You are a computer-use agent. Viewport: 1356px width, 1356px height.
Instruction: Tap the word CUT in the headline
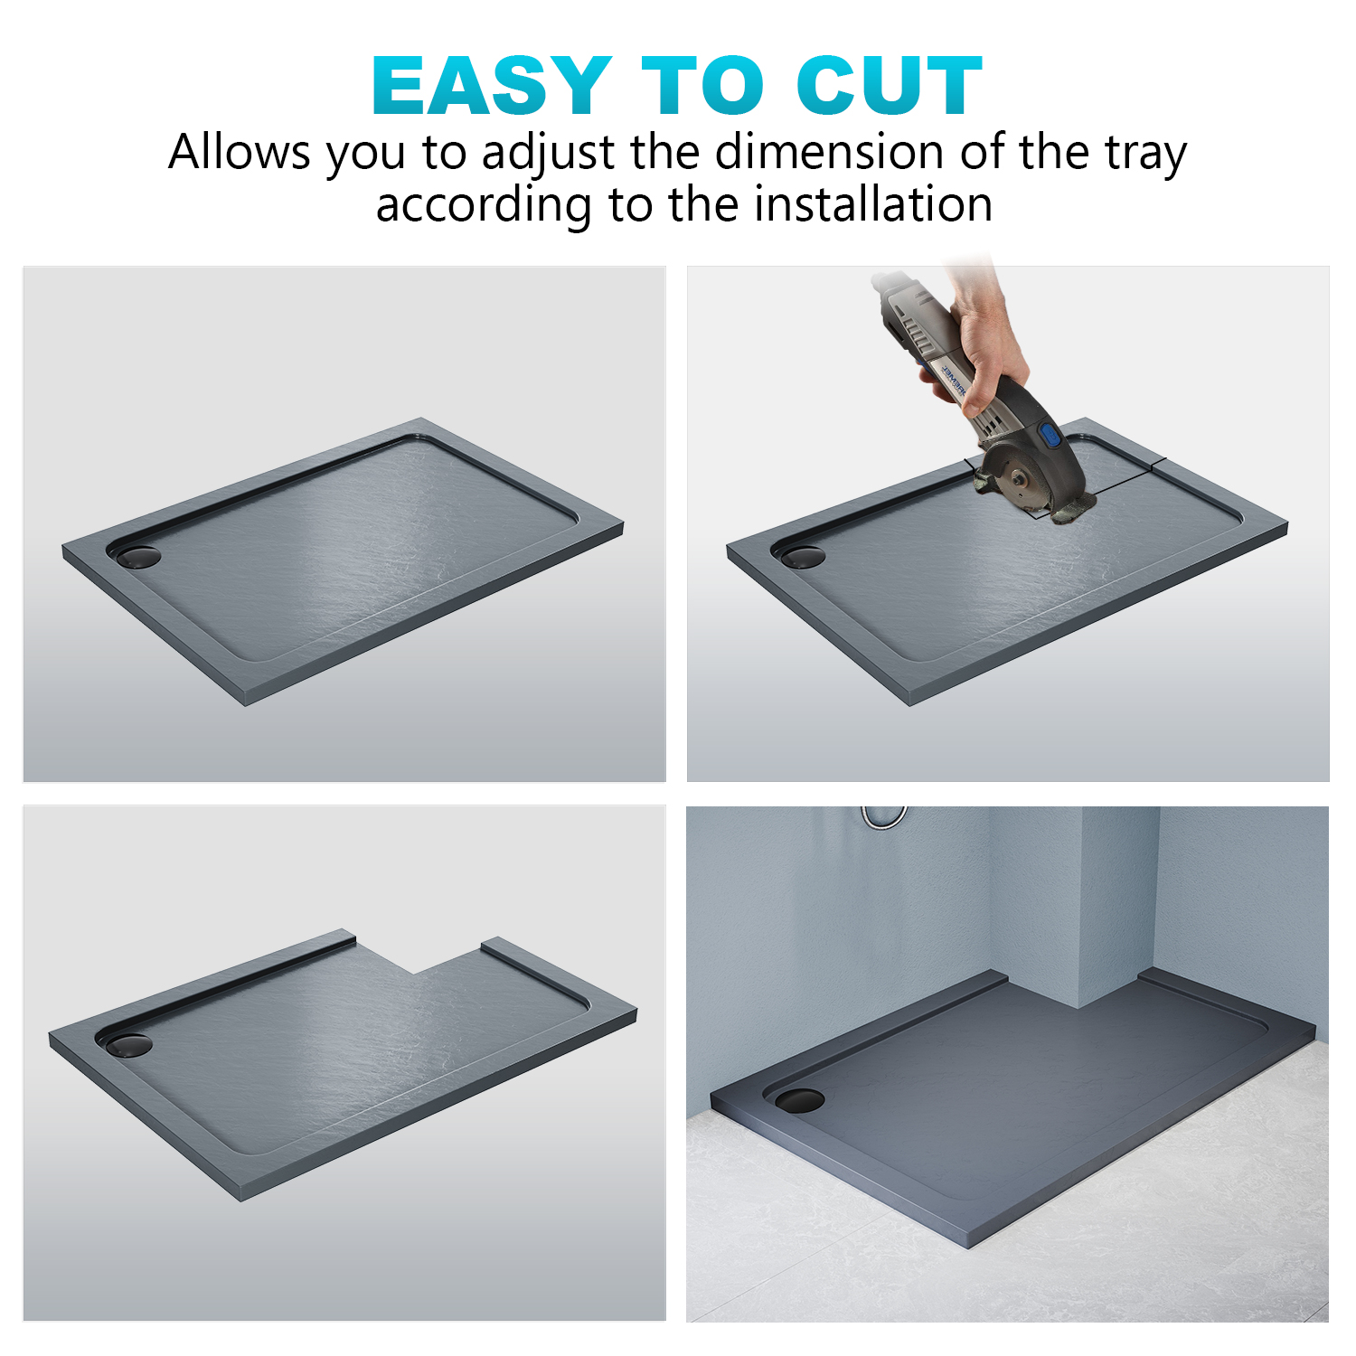(890, 86)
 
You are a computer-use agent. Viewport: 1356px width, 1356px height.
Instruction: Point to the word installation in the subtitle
(873, 204)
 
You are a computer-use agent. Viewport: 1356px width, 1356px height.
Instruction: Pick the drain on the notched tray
(128, 1045)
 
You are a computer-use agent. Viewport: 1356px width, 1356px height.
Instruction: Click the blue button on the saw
(1051, 437)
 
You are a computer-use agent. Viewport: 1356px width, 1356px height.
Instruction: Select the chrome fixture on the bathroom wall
(883, 816)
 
